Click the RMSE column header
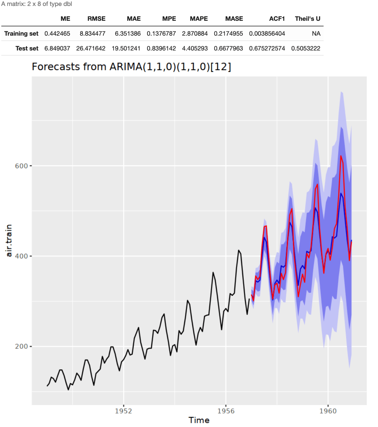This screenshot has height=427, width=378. (96, 19)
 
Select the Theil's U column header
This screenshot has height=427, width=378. (307, 19)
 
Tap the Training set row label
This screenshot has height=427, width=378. (21, 34)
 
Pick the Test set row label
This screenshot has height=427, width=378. (27, 49)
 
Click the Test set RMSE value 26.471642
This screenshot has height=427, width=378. (91, 49)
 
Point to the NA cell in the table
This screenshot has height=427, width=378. (316, 34)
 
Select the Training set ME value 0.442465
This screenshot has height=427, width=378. (57, 34)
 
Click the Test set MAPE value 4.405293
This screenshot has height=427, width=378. (195, 49)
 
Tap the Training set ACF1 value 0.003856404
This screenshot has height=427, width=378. (267, 34)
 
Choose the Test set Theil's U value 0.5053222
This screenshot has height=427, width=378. (305, 49)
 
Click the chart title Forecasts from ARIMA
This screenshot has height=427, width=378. (131, 67)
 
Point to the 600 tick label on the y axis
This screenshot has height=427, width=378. (21, 166)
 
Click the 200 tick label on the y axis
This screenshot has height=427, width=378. (21, 346)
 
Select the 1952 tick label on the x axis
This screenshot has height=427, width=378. (123, 411)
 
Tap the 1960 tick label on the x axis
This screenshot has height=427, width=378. (328, 411)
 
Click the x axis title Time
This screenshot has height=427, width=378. (199, 420)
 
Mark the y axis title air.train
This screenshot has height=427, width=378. (9, 240)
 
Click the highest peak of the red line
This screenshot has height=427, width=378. (341, 156)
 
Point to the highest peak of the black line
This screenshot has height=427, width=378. (238, 250)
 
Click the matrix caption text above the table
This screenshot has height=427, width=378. (37, 4)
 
